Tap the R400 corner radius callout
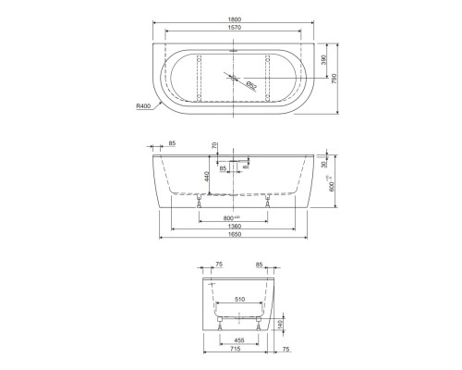coord(143,107)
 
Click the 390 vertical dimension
coord(322,59)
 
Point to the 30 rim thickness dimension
coord(322,165)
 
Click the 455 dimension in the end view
coord(238,339)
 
